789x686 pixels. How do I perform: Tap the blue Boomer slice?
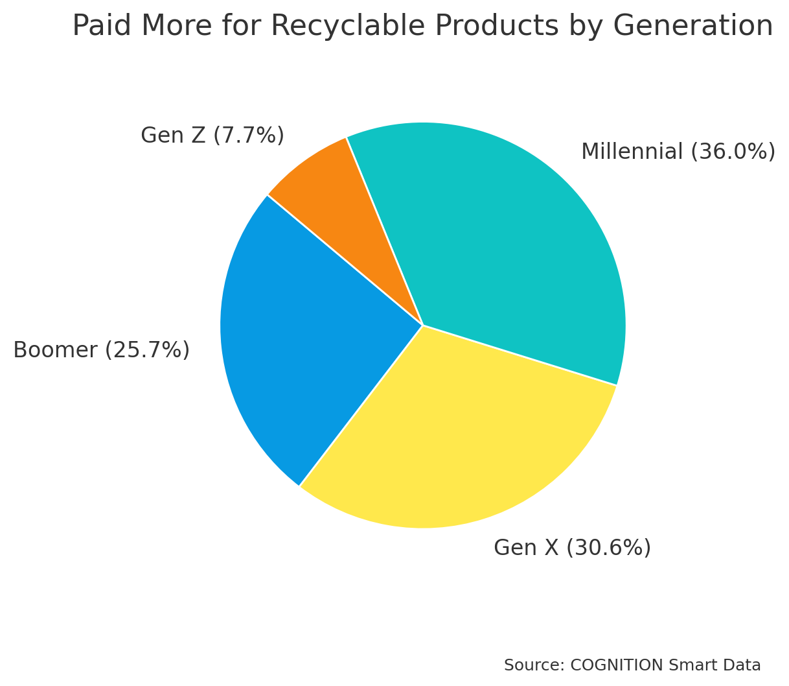coord(304,337)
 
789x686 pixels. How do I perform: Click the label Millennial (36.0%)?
coord(678,152)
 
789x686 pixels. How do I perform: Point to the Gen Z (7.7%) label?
coord(212,136)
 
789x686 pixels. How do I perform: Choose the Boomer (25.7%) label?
coord(101,350)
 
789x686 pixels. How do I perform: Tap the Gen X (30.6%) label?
coord(572,548)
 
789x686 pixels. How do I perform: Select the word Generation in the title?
coord(692,26)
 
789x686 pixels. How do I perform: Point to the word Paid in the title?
coord(100,26)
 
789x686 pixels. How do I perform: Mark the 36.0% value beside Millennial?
coord(733,152)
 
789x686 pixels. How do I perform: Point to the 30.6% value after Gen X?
coord(608,548)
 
